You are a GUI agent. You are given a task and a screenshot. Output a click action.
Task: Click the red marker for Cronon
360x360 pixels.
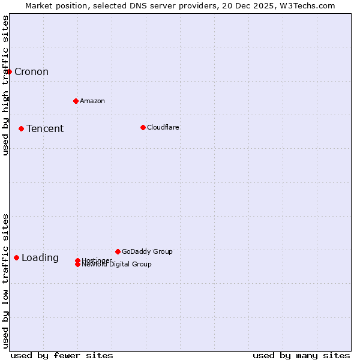pos(9,72)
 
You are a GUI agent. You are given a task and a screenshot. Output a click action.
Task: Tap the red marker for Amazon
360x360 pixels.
pos(76,101)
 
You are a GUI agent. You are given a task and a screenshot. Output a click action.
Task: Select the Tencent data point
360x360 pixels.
pos(21,128)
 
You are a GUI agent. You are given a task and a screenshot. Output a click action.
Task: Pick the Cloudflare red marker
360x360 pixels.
pos(143,127)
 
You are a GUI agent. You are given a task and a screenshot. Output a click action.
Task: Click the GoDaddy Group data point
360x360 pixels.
pos(118,251)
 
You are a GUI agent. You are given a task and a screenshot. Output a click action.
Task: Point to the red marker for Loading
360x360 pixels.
pos(16,257)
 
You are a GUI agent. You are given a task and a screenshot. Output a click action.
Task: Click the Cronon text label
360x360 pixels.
pos(31,72)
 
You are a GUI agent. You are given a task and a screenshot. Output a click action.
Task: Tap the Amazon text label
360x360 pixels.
pos(92,101)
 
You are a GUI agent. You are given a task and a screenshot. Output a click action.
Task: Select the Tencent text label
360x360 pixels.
pos(45,128)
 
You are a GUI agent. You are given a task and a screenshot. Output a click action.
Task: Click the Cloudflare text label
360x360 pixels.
pos(163,127)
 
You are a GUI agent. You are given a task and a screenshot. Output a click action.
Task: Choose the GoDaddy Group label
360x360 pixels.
pos(147,251)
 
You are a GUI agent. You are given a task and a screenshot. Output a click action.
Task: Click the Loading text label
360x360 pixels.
pos(40,258)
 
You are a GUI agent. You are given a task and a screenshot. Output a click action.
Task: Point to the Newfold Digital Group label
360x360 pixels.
pos(117,265)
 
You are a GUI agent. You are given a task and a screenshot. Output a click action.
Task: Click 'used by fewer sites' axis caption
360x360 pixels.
pos(62,355)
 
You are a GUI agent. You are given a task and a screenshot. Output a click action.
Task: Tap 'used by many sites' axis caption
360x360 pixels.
pos(301,355)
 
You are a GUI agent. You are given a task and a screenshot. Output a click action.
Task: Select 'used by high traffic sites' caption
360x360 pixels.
pos(6,85)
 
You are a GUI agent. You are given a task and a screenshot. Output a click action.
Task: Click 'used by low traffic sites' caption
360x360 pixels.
pos(6,281)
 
